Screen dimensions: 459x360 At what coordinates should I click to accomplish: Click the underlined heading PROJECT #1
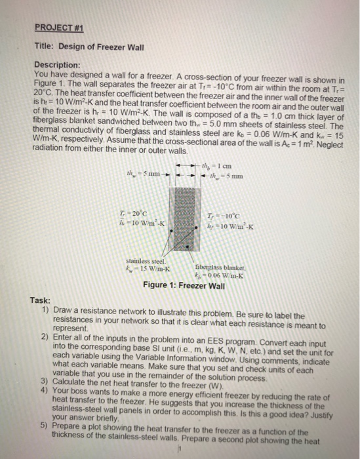(56, 29)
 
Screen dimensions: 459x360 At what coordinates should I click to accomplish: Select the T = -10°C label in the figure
(225, 217)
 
